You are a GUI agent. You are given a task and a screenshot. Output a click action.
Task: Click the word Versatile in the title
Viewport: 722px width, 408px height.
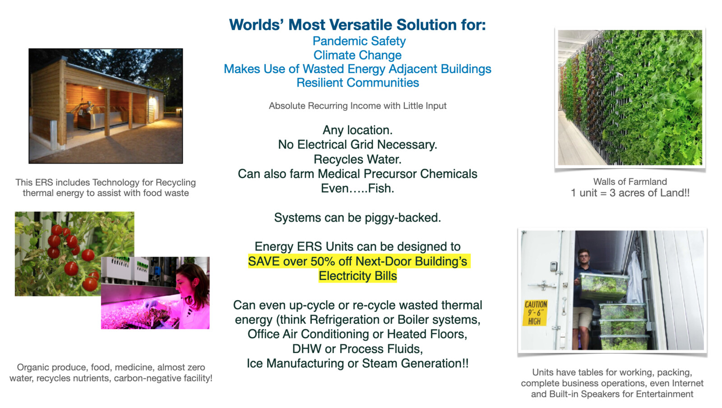click(356, 25)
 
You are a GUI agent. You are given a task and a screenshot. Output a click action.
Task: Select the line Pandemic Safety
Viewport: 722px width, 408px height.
click(359, 41)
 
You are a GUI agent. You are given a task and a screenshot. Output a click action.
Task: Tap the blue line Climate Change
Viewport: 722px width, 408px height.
click(357, 55)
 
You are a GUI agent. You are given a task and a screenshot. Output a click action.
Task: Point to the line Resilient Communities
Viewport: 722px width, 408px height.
click(357, 83)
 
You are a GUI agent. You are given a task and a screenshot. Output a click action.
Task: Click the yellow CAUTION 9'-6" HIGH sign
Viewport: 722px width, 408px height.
click(535, 313)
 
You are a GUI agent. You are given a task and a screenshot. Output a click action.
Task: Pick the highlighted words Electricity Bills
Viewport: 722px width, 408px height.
click(357, 276)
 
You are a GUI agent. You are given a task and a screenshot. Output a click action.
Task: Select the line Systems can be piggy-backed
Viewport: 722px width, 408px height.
click(357, 218)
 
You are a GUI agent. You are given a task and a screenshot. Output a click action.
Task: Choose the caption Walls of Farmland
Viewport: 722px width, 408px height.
click(630, 182)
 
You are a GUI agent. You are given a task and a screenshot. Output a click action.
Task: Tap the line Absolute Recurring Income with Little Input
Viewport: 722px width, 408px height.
click(357, 106)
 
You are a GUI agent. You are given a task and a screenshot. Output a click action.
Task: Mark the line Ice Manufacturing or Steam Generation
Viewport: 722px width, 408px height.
click(357, 363)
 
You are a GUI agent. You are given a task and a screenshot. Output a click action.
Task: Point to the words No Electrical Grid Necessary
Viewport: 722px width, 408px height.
click(357, 145)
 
